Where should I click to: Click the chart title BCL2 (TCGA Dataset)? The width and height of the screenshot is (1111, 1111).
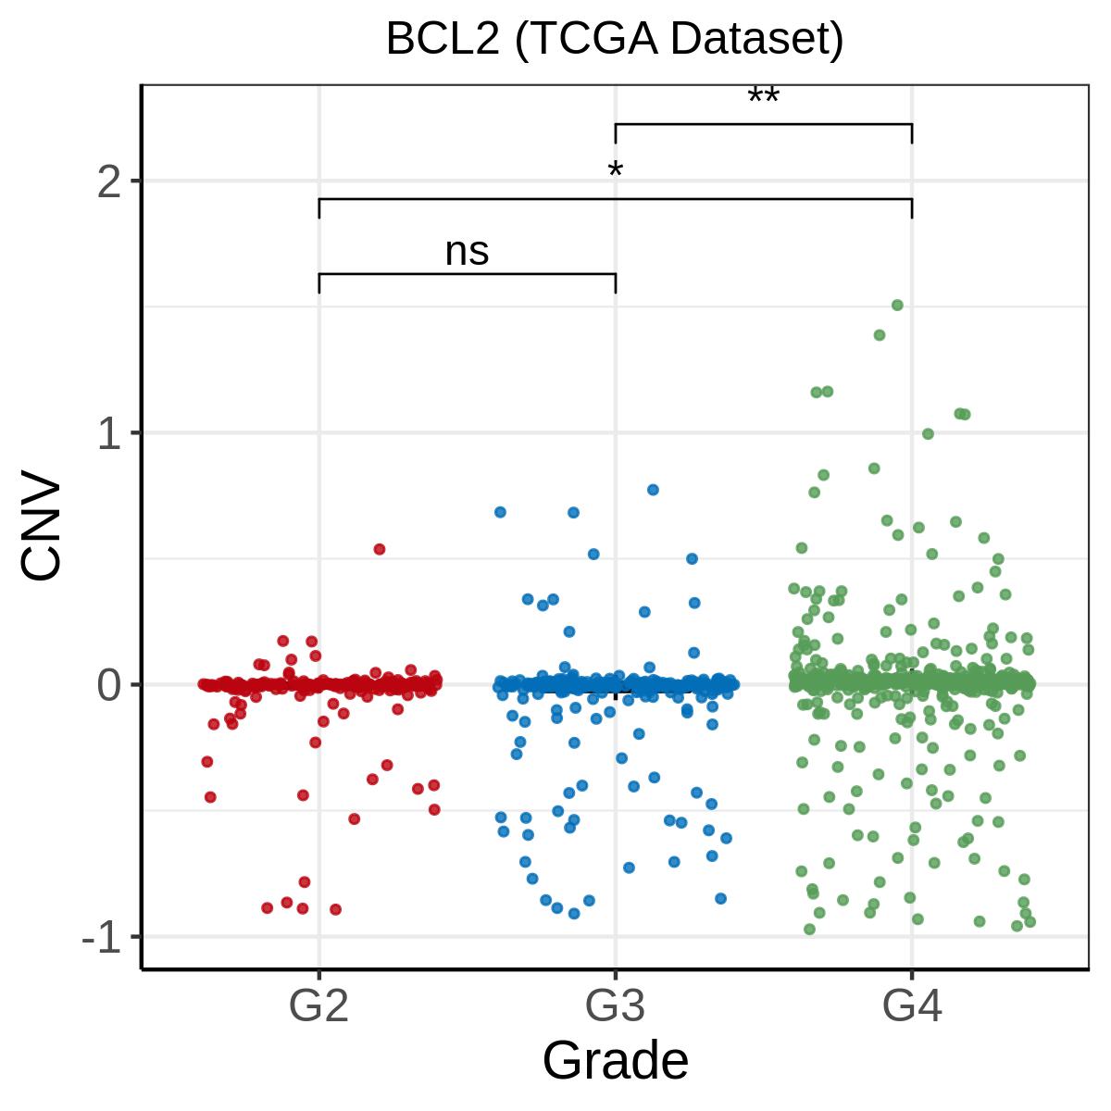(615, 39)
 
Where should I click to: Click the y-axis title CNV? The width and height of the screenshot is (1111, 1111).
(41, 524)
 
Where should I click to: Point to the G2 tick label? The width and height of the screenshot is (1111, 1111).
(318, 1005)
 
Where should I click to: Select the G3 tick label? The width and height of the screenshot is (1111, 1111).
(615, 1005)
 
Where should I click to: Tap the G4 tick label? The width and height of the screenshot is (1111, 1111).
(912, 1005)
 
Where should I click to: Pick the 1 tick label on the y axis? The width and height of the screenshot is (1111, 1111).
(109, 434)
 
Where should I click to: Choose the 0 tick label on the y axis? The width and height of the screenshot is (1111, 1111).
(109, 685)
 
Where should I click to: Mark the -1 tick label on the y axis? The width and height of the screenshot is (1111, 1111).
(102, 938)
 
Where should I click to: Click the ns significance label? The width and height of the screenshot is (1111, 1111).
(467, 252)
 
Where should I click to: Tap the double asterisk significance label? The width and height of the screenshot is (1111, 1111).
(763, 95)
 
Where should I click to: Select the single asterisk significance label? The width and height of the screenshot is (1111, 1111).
(615, 170)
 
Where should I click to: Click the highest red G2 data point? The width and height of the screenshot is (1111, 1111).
(380, 549)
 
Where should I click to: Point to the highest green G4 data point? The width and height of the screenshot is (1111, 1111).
(898, 305)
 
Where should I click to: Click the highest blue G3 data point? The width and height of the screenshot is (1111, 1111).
(654, 490)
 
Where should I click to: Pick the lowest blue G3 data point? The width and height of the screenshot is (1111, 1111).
(574, 913)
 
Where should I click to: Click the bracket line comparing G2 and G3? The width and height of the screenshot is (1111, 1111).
(468, 274)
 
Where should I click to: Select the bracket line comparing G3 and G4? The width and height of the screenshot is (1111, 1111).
(764, 124)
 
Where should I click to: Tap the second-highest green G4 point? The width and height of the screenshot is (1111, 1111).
(880, 335)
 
